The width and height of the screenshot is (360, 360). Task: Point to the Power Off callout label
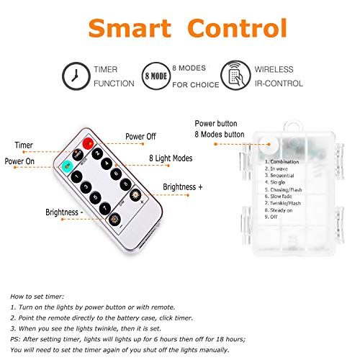click(x=140, y=135)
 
